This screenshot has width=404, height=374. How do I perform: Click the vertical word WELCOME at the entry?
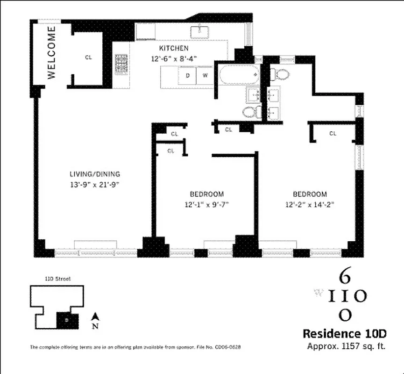(51, 52)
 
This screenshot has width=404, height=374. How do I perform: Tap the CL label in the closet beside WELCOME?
(88, 58)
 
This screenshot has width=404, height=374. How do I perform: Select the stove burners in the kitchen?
(122, 62)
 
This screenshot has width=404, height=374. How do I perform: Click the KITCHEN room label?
(174, 49)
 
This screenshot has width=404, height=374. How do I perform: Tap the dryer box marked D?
(188, 75)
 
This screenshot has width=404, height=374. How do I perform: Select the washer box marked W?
(205, 75)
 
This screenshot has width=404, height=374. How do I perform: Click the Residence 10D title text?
(345, 334)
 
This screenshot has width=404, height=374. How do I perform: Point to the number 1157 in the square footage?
(348, 346)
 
